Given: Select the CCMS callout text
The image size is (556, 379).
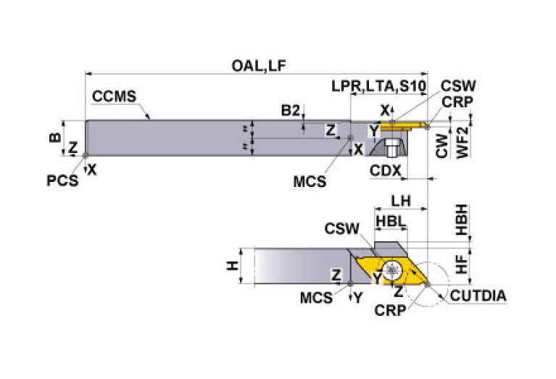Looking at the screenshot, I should (114, 97).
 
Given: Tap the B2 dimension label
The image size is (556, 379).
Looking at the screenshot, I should (291, 110).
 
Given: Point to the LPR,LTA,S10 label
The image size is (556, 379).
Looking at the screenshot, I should (378, 86).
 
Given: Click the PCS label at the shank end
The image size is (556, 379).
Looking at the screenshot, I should (62, 180).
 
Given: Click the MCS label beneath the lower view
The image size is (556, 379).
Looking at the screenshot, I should (318, 296).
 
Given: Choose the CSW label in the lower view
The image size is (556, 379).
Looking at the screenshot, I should (341, 230).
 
